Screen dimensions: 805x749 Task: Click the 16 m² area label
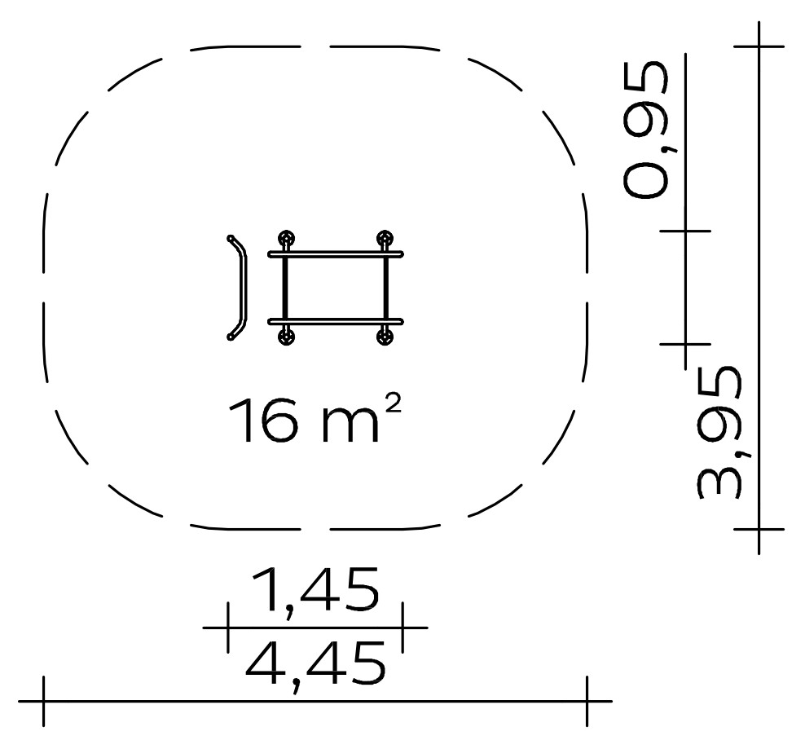click(314, 419)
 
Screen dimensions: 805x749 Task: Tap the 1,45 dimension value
click(315, 590)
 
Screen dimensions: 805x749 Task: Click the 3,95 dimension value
click(719, 433)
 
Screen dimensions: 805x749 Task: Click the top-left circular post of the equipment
click(287, 240)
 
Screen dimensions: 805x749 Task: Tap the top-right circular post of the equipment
click(385, 240)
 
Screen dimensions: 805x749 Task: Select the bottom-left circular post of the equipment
click(287, 337)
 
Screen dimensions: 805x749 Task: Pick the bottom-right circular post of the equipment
click(385, 337)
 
